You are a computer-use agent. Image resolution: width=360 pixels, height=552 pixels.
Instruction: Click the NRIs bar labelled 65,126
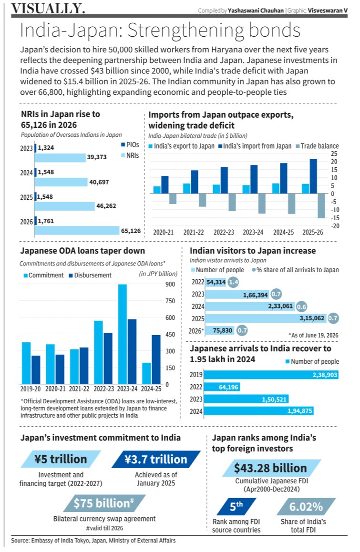[x=77, y=231]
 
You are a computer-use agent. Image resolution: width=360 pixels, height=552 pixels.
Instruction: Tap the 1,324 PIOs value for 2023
[x=46, y=147]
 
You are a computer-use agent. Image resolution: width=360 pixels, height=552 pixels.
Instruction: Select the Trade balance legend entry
[x=317, y=146]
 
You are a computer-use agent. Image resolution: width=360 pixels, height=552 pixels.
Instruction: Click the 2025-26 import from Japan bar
[x=313, y=176]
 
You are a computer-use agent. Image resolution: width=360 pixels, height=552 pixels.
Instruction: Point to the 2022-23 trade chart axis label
[x=224, y=232]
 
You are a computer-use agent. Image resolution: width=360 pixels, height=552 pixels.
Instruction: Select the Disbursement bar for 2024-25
[x=156, y=359]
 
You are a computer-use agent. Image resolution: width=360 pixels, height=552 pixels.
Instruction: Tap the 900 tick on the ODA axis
[x=170, y=285]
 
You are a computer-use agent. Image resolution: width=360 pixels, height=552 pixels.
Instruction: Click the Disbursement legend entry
[x=90, y=276]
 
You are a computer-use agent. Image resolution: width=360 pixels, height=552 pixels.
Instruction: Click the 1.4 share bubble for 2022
[x=233, y=282]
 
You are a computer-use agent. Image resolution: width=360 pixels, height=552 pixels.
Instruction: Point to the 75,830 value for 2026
[x=223, y=330]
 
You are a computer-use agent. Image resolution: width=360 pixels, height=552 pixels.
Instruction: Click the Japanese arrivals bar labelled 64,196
[x=222, y=387]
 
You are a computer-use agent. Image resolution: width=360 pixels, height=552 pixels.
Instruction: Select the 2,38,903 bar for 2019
[x=271, y=375]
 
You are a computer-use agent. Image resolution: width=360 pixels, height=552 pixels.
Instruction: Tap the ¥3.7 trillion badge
[x=156, y=460]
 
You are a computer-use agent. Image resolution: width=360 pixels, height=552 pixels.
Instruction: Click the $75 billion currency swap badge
[x=104, y=503]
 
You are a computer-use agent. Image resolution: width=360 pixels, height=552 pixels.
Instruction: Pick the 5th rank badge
[x=237, y=507]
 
